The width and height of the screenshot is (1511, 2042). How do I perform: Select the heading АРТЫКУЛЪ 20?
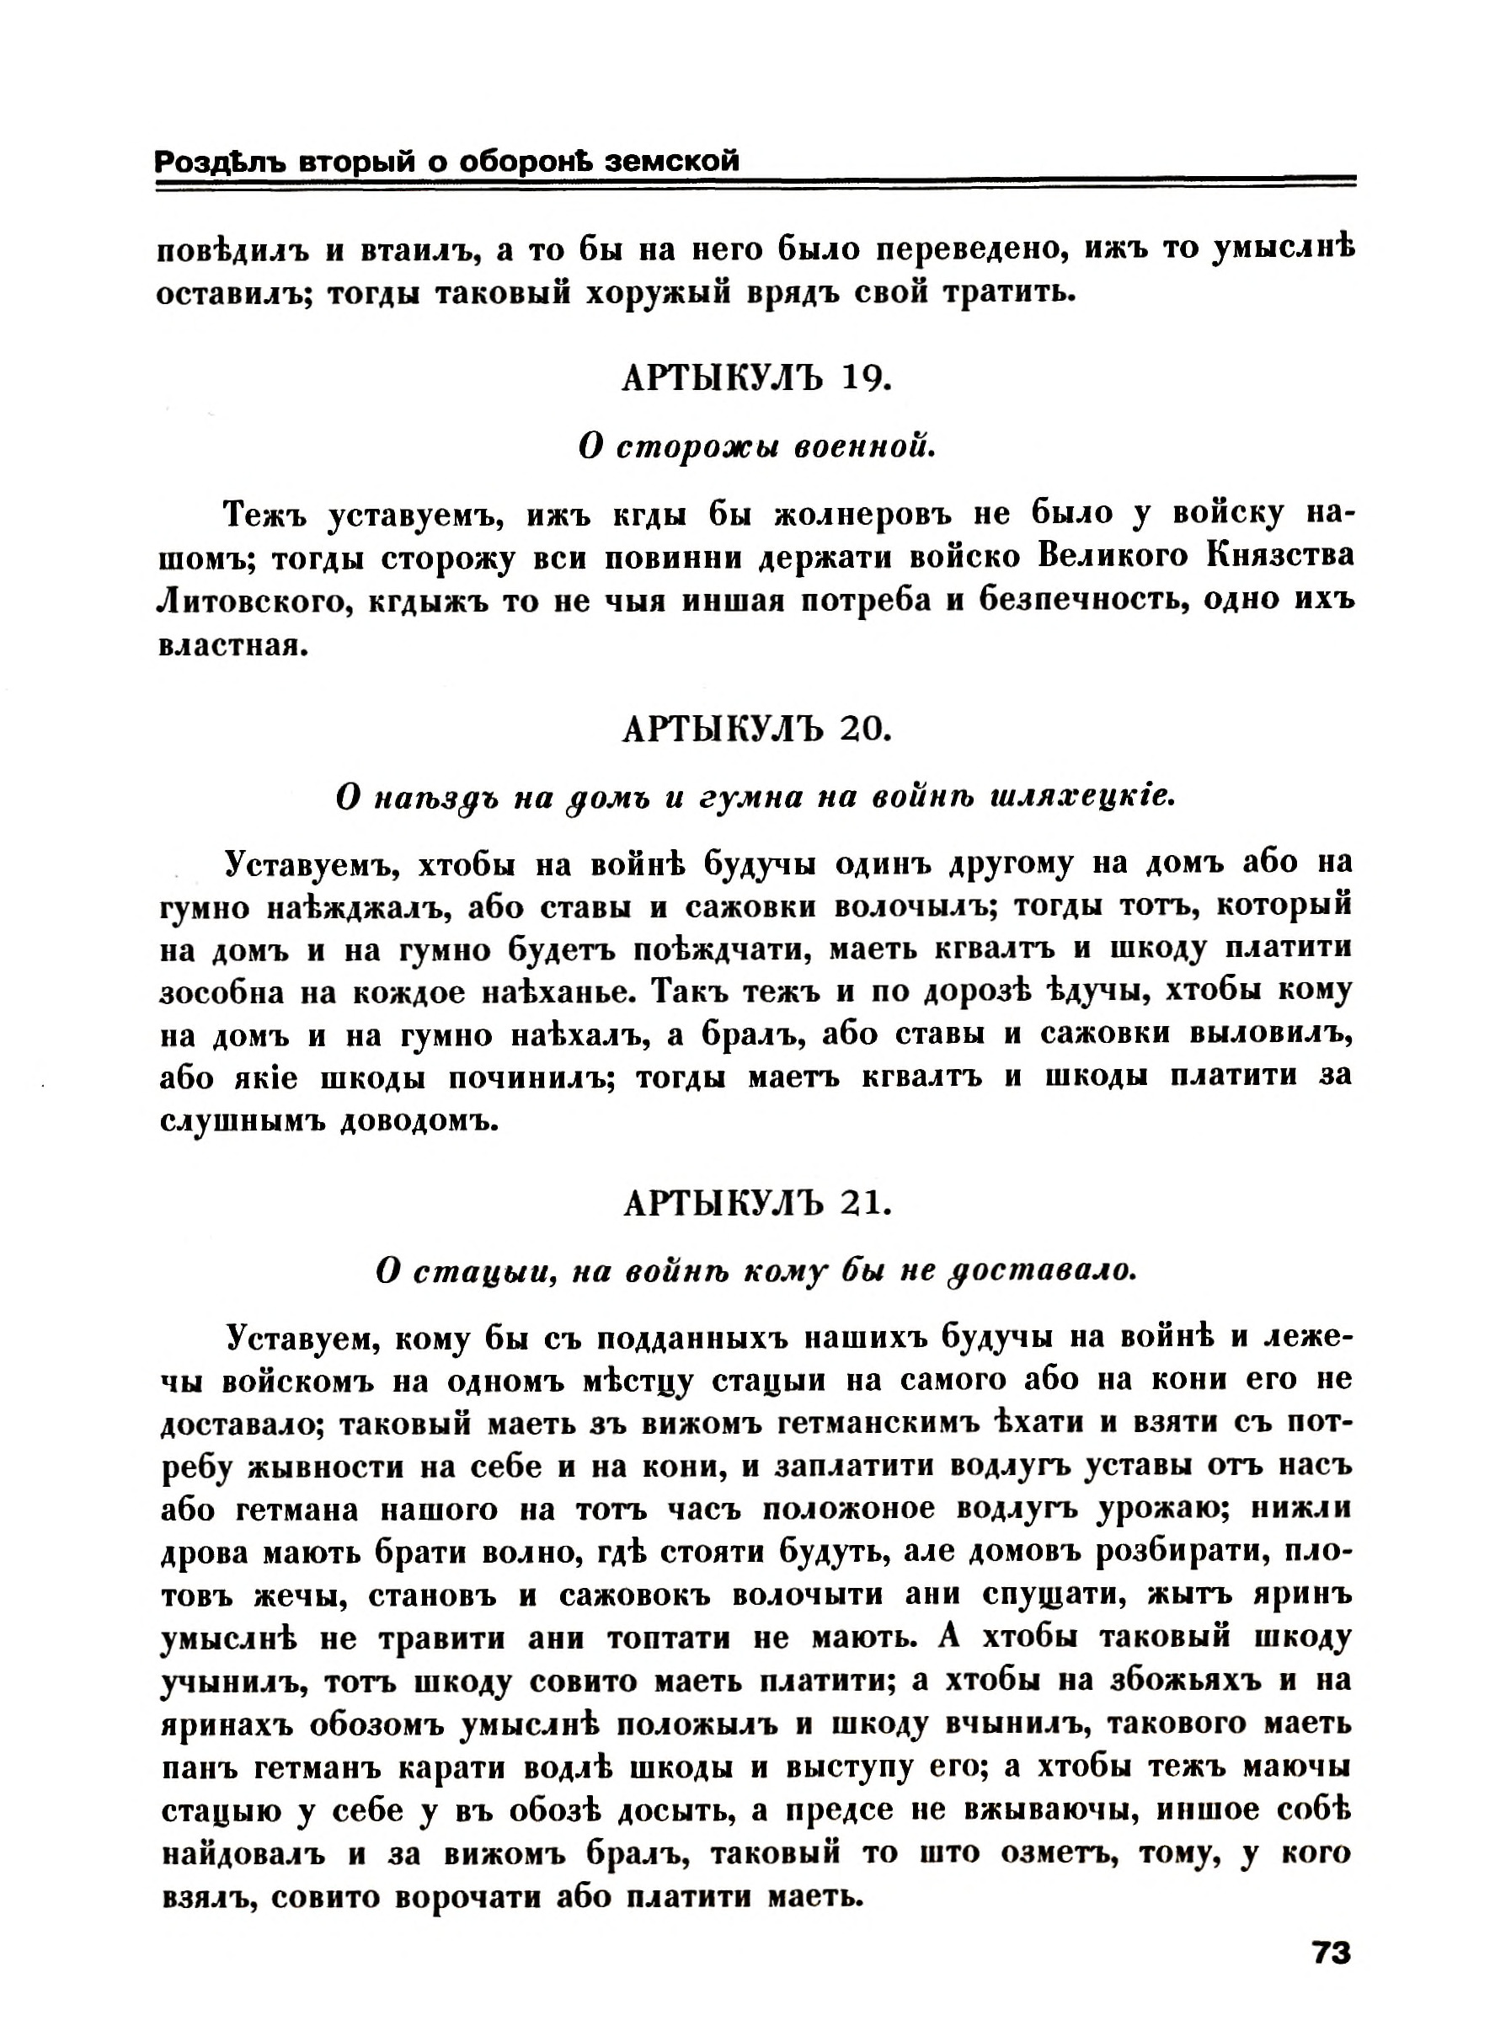pyautogui.click(x=755, y=730)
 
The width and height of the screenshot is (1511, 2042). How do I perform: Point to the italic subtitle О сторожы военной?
pyautogui.click(x=755, y=446)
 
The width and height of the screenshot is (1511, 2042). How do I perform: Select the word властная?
pyautogui.click(x=228, y=646)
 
